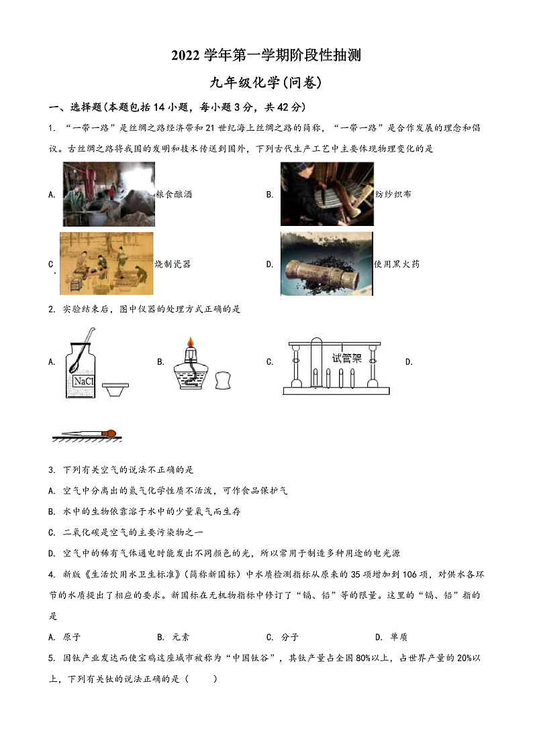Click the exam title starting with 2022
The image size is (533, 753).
(266, 56)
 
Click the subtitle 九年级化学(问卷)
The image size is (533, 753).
(266, 82)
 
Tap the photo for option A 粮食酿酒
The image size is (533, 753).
(109, 194)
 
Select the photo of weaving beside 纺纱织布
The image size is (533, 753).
(326, 194)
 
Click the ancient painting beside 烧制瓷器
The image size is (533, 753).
(106, 264)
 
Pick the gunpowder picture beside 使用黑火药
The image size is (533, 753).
(326, 264)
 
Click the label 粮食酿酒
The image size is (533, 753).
(173, 194)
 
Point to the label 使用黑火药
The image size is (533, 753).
(397, 264)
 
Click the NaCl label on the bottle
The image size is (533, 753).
(83, 382)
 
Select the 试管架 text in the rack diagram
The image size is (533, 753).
(346, 358)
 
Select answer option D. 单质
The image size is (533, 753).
(391, 637)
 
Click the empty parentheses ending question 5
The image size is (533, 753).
(206, 679)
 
